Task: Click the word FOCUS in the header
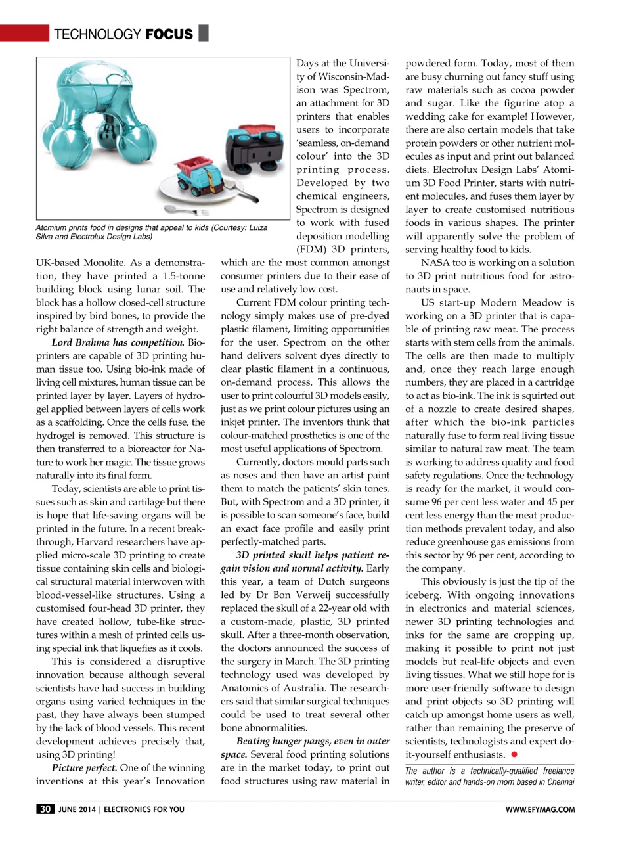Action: tap(169, 34)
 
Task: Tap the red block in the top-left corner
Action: tap(24, 32)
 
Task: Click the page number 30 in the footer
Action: tap(45, 809)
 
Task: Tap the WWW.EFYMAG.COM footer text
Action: tap(541, 810)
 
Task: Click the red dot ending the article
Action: tap(515, 754)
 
